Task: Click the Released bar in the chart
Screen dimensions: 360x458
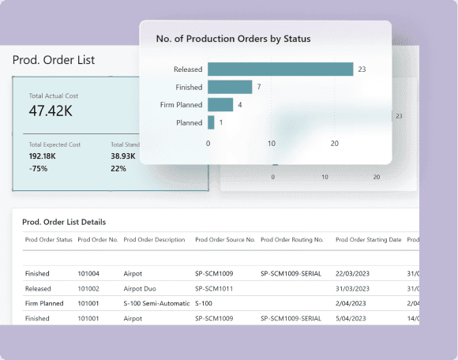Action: point(280,69)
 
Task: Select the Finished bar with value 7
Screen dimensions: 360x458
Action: point(230,87)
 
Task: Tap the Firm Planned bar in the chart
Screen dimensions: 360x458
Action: point(220,104)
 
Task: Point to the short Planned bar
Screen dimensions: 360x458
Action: point(211,122)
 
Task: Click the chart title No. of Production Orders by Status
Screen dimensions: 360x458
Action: point(233,39)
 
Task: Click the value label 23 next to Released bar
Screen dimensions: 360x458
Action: point(362,69)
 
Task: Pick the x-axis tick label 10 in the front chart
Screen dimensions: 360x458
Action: point(272,144)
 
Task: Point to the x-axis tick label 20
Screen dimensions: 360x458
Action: point(335,144)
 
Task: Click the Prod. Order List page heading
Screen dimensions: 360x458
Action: point(54,60)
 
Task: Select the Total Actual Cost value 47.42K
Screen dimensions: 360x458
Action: point(52,111)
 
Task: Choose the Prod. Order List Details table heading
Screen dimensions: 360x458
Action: point(64,223)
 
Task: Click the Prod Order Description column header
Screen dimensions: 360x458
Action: point(154,239)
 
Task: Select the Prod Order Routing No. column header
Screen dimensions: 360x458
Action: point(292,239)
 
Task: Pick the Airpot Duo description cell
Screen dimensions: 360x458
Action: point(140,289)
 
